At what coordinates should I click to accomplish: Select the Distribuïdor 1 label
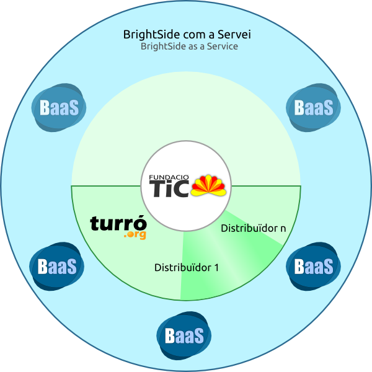(186, 268)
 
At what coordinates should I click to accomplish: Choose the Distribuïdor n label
(253, 228)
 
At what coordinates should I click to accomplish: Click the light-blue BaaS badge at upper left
(59, 107)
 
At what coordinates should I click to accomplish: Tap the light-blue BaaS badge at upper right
(313, 107)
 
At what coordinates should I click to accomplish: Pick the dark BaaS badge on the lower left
(57, 267)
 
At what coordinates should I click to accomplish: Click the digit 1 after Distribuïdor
(216, 268)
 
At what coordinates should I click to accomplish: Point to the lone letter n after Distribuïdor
(283, 228)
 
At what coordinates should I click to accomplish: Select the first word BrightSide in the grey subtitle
(162, 46)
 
